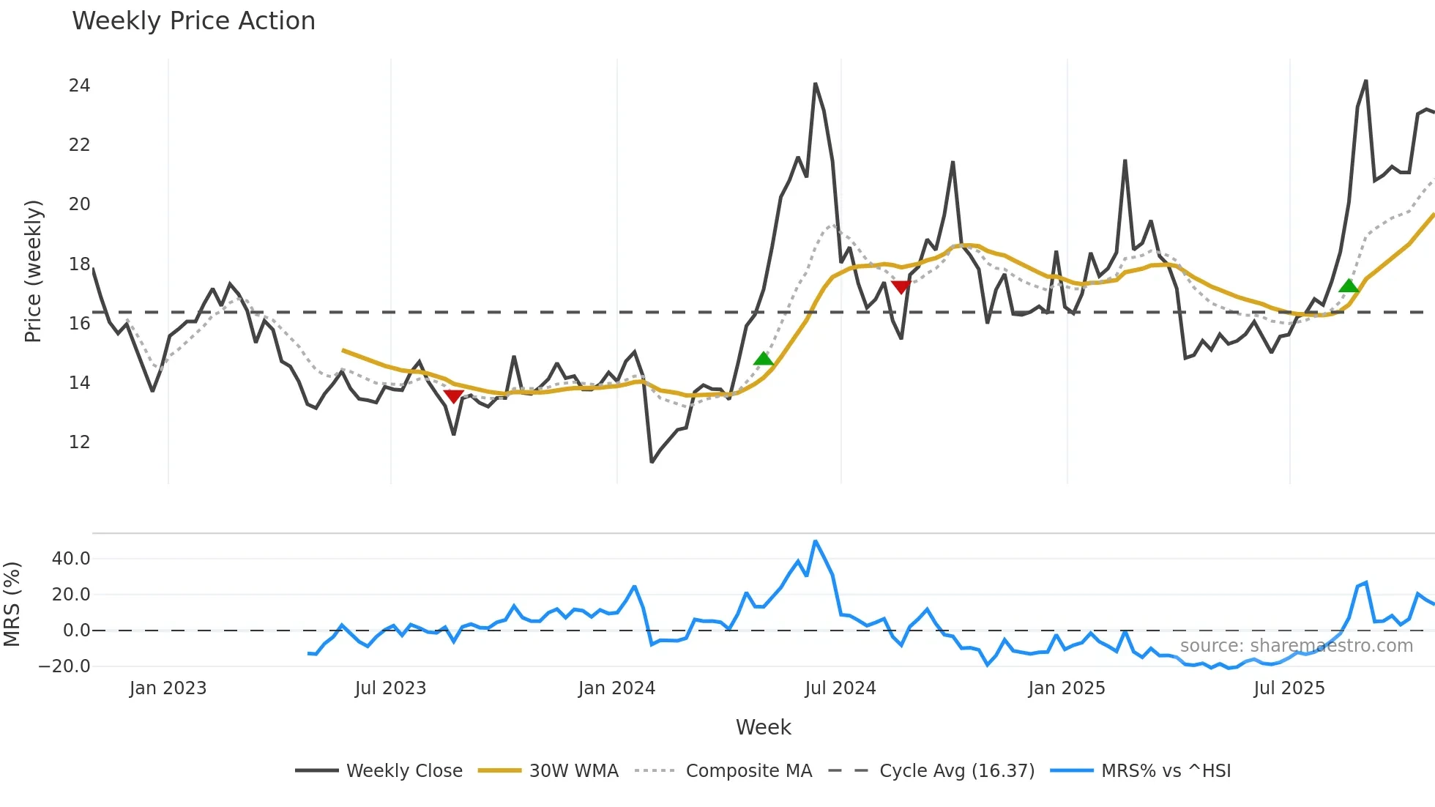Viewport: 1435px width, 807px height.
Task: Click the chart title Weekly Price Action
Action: (x=193, y=21)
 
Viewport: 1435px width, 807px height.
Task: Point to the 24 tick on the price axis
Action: (x=79, y=86)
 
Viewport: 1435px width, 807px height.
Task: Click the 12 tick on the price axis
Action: (x=79, y=442)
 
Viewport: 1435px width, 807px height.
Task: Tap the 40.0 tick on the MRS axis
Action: (x=71, y=559)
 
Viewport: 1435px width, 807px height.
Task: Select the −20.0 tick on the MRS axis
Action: (x=64, y=666)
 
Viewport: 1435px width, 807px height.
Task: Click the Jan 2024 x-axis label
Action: (x=616, y=688)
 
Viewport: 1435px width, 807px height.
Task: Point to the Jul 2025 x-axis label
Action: (x=1289, y=688)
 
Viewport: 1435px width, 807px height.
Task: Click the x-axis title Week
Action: (x=763, y=727)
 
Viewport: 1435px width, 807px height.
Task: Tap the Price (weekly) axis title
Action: (x=33, y=271)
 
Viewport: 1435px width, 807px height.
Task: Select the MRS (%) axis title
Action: (x=12, y=604)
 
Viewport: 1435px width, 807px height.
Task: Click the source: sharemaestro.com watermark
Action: (x=1296, y=646)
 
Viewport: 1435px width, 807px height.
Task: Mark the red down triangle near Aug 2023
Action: (x=453, y=396)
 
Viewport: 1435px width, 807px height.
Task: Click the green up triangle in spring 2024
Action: (x=764, y=358)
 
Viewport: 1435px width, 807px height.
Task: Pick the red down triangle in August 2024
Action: (x=901, y=287)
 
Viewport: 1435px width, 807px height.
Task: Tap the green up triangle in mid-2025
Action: (x=1349, y=286)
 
